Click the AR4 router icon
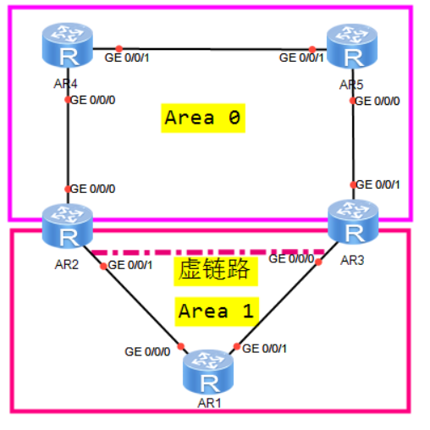coord(66,47)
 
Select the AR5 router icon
coord(350,47)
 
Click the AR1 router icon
coord(209,371)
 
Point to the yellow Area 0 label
coord(203,119)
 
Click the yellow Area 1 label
coord(215,311)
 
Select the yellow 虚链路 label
coord(216,271)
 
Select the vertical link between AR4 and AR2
coord(67,144)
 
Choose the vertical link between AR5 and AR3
coord(351,144)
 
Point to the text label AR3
coord(352,260)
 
